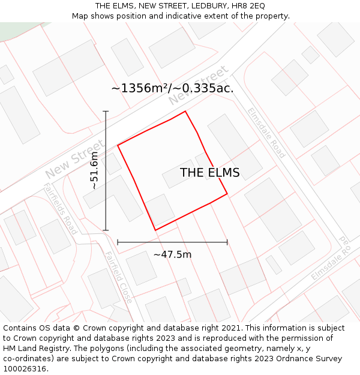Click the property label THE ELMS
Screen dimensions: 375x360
(x=209, y=173)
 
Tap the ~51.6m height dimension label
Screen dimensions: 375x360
(x=94, y=170)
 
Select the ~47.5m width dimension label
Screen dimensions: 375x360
(x=172, y=254)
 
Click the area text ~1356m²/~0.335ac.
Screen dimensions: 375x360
(x=172, y=88)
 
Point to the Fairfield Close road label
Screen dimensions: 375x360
(x=118, y=277)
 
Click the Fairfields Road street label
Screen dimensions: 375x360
(x=61, y=208)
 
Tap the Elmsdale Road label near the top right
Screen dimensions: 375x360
(x=266, y=133)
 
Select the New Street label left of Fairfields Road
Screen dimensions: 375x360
(x=74, y=159)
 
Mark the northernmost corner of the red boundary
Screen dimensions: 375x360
(x=185, y=112)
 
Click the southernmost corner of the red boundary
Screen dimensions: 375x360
(x=155, y=230)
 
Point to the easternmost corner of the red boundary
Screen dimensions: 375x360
(x=227, y=194)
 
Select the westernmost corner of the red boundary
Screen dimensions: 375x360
(x=118, y=145)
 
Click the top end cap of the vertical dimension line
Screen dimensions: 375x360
(x=106, y=111)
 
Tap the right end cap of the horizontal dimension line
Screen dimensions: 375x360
(x=227, y=242)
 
